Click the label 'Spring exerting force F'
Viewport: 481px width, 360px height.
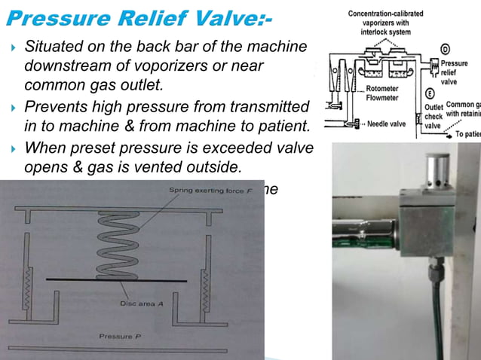pos(198,191)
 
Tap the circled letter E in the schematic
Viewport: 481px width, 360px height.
pos(428,93)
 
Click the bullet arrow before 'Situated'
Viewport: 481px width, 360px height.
pos(12,48)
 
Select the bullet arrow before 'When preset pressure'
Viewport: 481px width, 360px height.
pos(12,147)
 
